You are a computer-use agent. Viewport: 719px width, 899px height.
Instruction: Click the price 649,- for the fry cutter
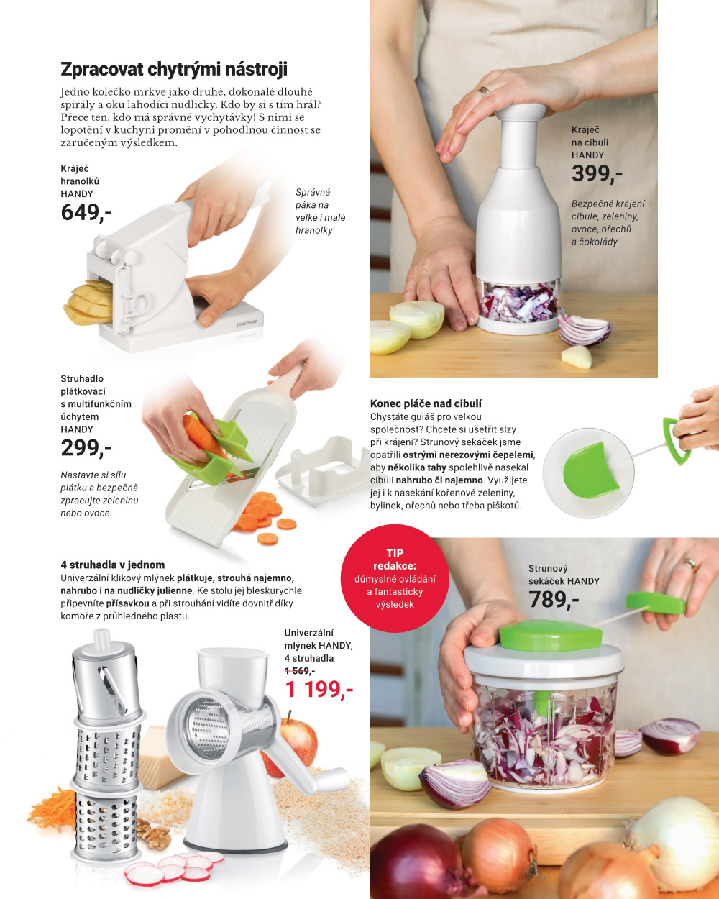86,213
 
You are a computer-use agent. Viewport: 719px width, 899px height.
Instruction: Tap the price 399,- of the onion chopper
597,174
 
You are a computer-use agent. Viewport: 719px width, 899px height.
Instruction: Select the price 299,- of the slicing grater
86,448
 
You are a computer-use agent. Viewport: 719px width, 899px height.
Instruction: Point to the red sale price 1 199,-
319,689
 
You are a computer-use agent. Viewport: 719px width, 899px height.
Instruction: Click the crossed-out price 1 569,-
300,671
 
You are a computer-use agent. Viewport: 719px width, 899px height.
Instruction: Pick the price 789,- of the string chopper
554,600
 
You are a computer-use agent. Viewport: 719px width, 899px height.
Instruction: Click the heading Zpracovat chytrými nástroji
174,69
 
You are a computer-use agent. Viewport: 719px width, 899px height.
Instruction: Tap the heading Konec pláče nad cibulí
426,403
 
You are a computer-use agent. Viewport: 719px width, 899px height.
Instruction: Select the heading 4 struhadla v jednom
113,565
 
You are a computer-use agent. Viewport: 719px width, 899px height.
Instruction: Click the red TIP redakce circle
395,578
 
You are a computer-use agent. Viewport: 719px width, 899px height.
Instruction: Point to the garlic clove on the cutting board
577,357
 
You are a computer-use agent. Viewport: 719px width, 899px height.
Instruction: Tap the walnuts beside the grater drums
153,834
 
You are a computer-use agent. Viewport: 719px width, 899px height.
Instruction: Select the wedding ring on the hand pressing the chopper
484,91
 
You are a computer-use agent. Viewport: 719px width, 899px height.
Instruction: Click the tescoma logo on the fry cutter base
247,323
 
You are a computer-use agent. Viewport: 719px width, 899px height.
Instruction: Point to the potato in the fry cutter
88,304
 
